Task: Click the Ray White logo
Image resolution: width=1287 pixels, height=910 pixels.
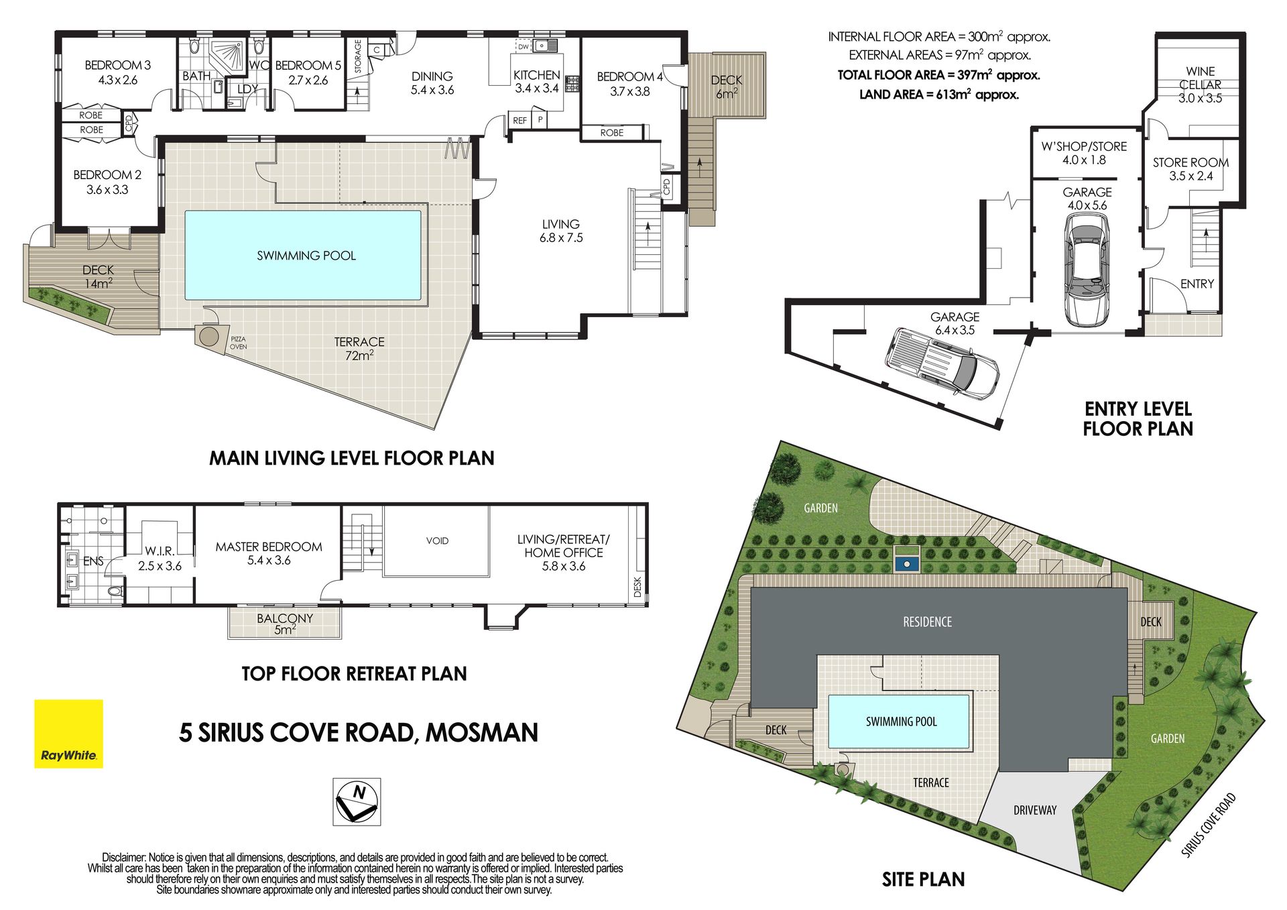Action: (68, 734)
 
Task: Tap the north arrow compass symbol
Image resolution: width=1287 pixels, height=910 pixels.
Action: (357, 801)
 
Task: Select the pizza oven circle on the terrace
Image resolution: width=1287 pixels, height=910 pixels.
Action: (209, 336)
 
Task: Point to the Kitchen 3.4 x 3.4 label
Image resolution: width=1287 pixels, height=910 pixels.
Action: (536, 81)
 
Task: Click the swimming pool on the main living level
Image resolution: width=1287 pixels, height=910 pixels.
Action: (303, 255)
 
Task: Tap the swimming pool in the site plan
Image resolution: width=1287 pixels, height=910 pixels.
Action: (899, 721)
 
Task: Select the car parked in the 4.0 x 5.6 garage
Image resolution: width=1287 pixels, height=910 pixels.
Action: (1086, 273)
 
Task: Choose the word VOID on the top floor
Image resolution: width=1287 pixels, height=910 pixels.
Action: (437, 541)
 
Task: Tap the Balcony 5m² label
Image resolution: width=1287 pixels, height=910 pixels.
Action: (285, 624)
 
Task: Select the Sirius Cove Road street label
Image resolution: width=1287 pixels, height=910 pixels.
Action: (1208, 825)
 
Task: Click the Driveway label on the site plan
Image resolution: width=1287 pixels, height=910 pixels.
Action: (1034, 810)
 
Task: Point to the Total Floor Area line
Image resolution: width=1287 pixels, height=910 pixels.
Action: (938, 75)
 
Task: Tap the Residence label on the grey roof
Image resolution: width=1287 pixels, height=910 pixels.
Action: (927, 622)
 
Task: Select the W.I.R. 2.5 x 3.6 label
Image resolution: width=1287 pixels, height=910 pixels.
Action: (160, 558)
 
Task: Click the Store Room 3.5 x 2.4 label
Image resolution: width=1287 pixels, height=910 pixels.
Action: (1190, 169)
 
